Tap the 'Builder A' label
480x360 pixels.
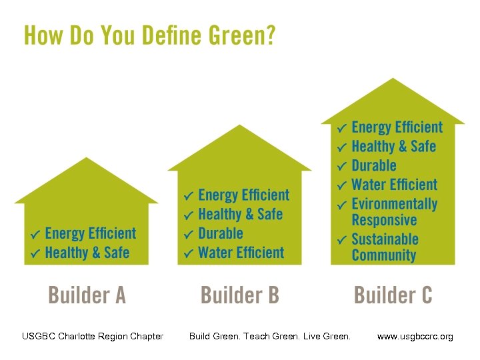point(86,295)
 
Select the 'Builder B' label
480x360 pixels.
point(240,295)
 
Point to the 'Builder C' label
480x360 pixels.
point(393,295)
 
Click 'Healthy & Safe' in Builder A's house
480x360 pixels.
point(87,253)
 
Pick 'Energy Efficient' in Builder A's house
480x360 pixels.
point(90,233)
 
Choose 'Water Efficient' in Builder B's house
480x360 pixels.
point(241,253)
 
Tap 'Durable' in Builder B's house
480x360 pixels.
point(221,233)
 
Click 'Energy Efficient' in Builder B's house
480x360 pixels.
point(243,195)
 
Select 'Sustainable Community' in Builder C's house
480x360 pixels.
point(385,247)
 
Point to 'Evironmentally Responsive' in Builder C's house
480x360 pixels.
point(394,212)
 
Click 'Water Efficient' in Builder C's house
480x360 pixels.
point(394,185)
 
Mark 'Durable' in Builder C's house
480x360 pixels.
point(373,165)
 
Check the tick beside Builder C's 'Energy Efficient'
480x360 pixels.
point(341,127)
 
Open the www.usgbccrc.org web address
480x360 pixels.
point(415,337)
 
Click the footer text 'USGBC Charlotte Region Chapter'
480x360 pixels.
point(93,336)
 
